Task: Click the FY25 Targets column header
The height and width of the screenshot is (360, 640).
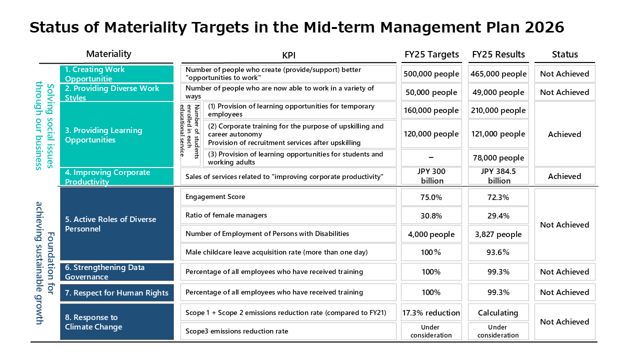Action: (431, 54)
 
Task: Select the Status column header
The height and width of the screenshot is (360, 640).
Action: (564, 54)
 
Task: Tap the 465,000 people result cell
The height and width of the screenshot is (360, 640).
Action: (498, 73)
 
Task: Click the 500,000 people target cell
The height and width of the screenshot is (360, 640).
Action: (431, 73)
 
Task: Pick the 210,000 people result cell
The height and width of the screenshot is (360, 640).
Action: (498, 110)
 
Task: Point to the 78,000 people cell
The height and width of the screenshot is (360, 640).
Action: (498, 157)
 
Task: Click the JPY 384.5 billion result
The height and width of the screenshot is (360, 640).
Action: (498, 176)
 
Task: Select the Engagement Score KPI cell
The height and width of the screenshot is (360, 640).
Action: (288, 197)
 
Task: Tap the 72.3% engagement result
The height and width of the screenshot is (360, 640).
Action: (498, 197)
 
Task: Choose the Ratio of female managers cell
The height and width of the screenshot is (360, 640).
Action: (288, 215)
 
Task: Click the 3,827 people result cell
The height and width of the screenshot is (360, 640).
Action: (498, 234)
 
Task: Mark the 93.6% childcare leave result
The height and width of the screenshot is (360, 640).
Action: (498, 252)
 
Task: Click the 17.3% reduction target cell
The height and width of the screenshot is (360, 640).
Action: (431, 312)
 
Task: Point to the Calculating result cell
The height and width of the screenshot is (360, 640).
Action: (498, 312)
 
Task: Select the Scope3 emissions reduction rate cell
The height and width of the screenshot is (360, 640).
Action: (288, 331)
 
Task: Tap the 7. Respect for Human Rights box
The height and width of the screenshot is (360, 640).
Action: (117, 292)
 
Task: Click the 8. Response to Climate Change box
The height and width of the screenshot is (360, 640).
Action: (117, 321)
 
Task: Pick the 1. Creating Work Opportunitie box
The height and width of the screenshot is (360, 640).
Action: (116, 73)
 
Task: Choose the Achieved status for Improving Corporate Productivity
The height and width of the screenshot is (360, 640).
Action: (565, 176)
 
